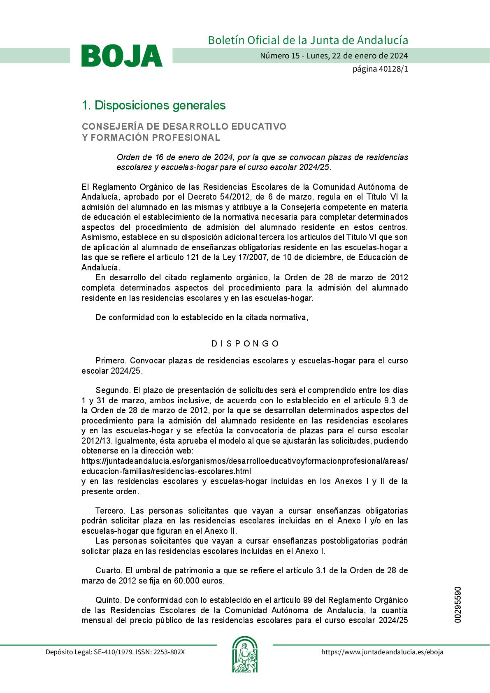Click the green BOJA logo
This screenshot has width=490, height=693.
[122, 56]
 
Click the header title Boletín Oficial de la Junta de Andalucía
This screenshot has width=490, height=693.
[308, 40]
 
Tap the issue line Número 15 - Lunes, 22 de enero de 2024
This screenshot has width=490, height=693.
[334, 56]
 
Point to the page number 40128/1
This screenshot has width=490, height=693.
[380, 69]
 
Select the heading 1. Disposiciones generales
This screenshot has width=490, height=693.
[153, 105]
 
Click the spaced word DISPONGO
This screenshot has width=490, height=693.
[245, 344]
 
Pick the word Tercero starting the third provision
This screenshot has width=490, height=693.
[110, 511]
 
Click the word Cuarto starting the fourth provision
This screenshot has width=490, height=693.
[109, 571]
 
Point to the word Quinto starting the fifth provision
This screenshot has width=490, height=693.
[109, 600]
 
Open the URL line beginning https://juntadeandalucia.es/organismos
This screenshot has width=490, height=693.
[245, 461]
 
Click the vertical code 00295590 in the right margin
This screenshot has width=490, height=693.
[458, 605]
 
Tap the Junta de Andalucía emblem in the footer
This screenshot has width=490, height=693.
[245, 654]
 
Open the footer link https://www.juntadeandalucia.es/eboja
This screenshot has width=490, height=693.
[382, 652]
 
